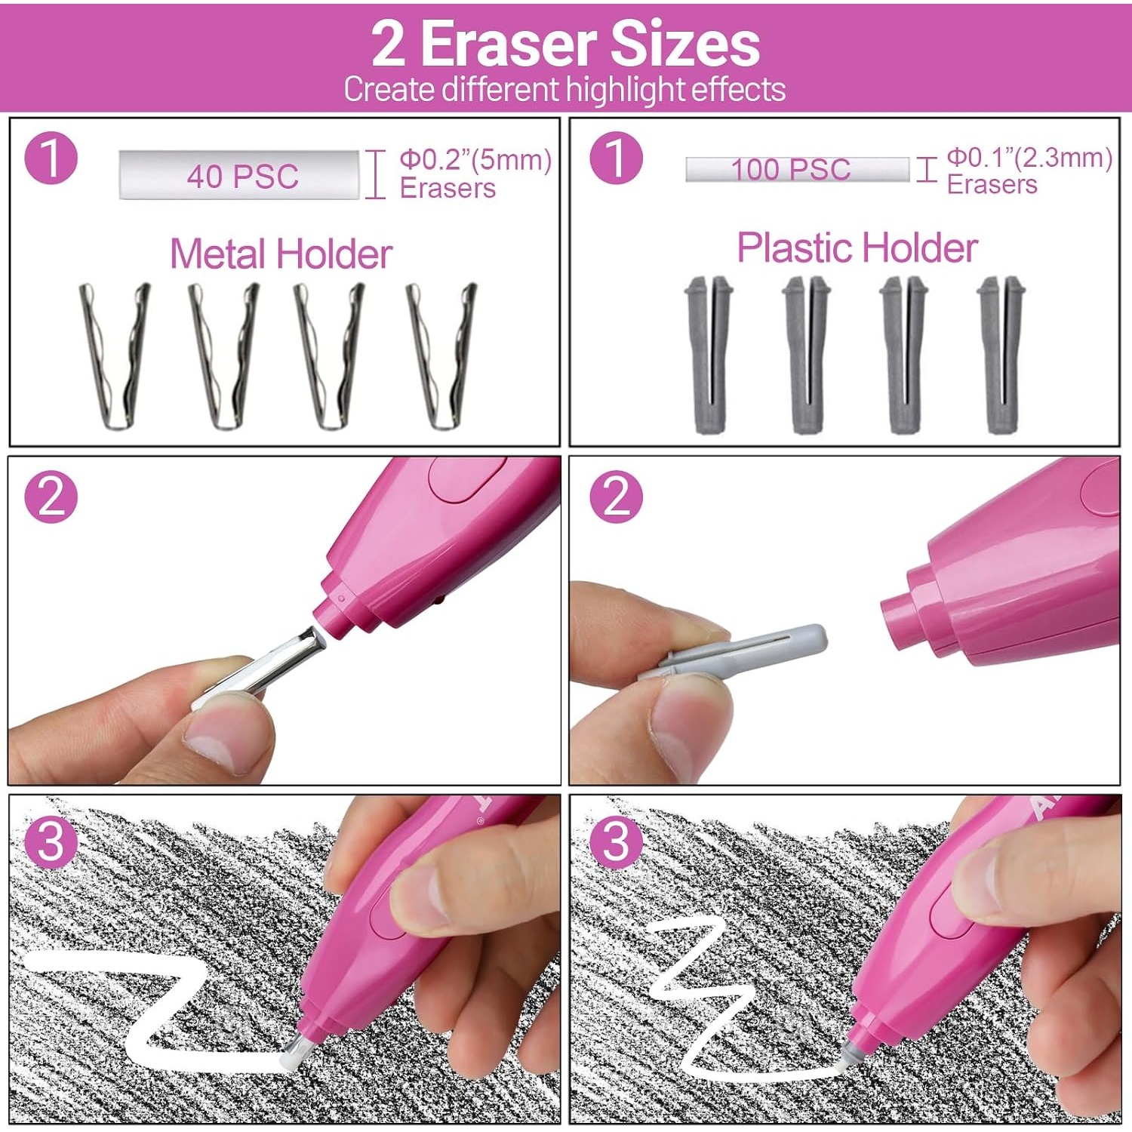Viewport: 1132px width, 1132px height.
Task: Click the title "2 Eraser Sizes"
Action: click(565, 44)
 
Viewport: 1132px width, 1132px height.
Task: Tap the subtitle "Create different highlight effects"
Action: click(564, 89)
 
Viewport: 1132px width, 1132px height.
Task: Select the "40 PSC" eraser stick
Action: click(239, 175)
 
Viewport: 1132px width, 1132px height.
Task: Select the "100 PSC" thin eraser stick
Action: click(797, 169)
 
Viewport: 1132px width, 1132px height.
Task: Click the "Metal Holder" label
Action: click(281, 254)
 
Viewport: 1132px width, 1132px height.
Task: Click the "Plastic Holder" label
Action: click(857, 248)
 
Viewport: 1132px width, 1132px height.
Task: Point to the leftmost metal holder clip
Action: click(115, 356)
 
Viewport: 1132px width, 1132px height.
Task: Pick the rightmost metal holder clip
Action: click(441, 356)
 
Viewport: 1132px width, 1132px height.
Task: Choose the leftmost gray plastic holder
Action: click(709, 355)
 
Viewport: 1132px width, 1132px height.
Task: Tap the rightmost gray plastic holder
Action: click(1001, 355)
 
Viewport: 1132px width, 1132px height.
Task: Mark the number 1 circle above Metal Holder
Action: click(51, 158)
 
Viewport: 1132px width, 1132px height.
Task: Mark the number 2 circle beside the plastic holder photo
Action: click(616, 497)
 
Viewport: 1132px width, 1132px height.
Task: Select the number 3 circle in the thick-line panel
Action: click(51, 840)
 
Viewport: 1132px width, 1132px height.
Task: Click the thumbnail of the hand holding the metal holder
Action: click(285, 620)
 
